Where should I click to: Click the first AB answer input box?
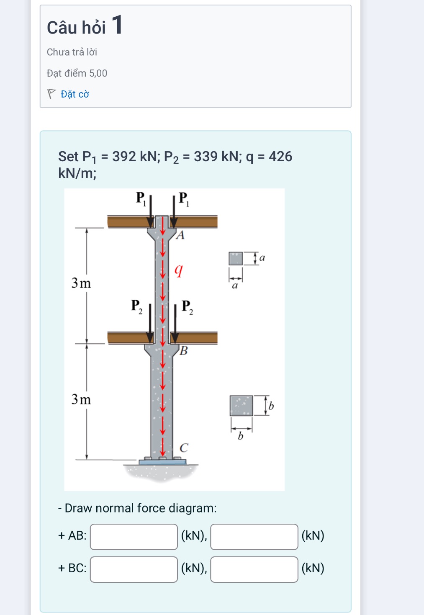click(x=134, y=536)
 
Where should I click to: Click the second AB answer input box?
click(x=254, y=536)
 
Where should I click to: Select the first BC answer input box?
click(x=134, y=569)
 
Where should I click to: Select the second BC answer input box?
click(x=254, y=569)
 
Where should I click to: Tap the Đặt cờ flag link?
click(x=68, y=94)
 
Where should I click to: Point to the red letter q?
click(x=179, y=270)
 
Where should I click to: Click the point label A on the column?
click(x=180, y=235)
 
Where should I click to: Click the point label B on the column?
click(x=184, y=350)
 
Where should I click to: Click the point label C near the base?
click(x=184, y=448)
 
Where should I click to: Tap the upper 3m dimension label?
click(x=81, y=283)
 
